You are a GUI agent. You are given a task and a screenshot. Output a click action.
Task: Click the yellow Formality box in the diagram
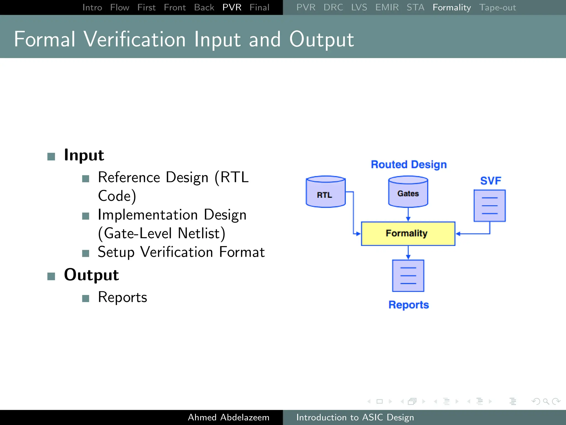pyautogui.click(x=408, y=234)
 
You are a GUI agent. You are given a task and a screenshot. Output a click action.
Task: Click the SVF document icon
pyautogui.click(x=489, y=206)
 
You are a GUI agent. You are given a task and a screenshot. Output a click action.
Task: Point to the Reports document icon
pyautogui.click(x=408, y=276)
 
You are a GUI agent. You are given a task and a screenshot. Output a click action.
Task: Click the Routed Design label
pyautogui.click(x=408, y=164)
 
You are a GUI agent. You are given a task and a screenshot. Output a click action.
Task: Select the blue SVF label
pyautogui.click(x=491, y=181)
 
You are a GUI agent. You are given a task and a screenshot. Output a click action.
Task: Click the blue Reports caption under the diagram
pyautogui.click(x=408, y=305)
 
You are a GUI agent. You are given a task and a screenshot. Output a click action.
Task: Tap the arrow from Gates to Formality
pyautogui.click(x=408, y=214)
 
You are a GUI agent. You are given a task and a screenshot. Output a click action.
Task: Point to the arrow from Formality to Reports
pyautogui.click(x=408, y=253)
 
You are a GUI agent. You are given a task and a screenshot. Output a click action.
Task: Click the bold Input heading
pyautogui.click(x=84, y=155)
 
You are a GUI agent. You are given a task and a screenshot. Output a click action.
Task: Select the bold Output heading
pyautogui.click(x=91, y=275)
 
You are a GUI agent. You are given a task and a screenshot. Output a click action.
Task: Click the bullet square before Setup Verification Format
pyautogui.click(x=86, y=253)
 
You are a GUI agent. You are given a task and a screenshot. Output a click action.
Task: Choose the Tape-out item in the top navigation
pyautogui.click(x=497, y=7)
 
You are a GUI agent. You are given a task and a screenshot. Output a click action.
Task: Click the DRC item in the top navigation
pyautogui.click(x=333, y=7)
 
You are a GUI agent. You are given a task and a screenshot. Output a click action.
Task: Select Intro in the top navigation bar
pyautogui.click(x=92, y=7)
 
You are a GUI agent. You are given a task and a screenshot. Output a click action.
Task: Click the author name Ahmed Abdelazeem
pyautogui.click(x=228, y=417)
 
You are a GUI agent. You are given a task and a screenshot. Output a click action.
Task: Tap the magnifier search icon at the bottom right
pyautogui.click(x=546, y=401)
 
